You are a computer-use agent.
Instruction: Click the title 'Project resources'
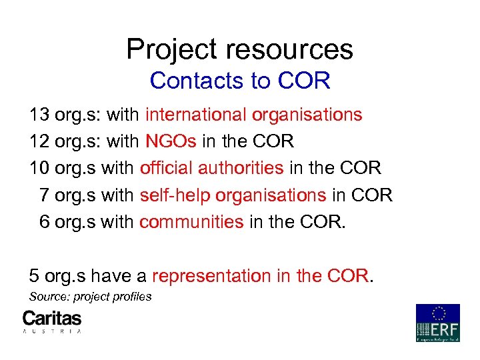[239, 49]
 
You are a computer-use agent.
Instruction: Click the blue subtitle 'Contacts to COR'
[240, 81]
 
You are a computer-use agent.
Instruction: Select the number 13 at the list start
[39, 115]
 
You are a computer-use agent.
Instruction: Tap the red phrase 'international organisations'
[253, 115]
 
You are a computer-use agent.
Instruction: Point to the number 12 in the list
[39, 141]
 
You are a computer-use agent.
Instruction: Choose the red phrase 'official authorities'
[212, 168]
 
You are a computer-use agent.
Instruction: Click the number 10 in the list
[39, 168]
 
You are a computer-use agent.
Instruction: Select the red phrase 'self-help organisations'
[233, 195]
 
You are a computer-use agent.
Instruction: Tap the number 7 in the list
[45, 195]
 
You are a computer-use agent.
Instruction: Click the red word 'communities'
[191, 221]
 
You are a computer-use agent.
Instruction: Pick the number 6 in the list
[45, 221]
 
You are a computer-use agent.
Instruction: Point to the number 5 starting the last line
[34, 275]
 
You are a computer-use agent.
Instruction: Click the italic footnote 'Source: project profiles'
[91, 297]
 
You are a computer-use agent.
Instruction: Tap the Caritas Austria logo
[52, 321]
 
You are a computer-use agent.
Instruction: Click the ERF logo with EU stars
[438, 323]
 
